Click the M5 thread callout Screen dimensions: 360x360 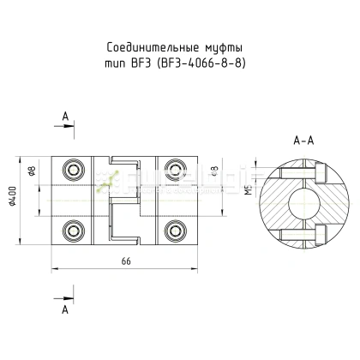[249, 190]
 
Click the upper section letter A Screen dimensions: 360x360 [65, 116]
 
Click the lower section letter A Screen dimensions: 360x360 [65, 312]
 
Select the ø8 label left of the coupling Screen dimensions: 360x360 [32, 170]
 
